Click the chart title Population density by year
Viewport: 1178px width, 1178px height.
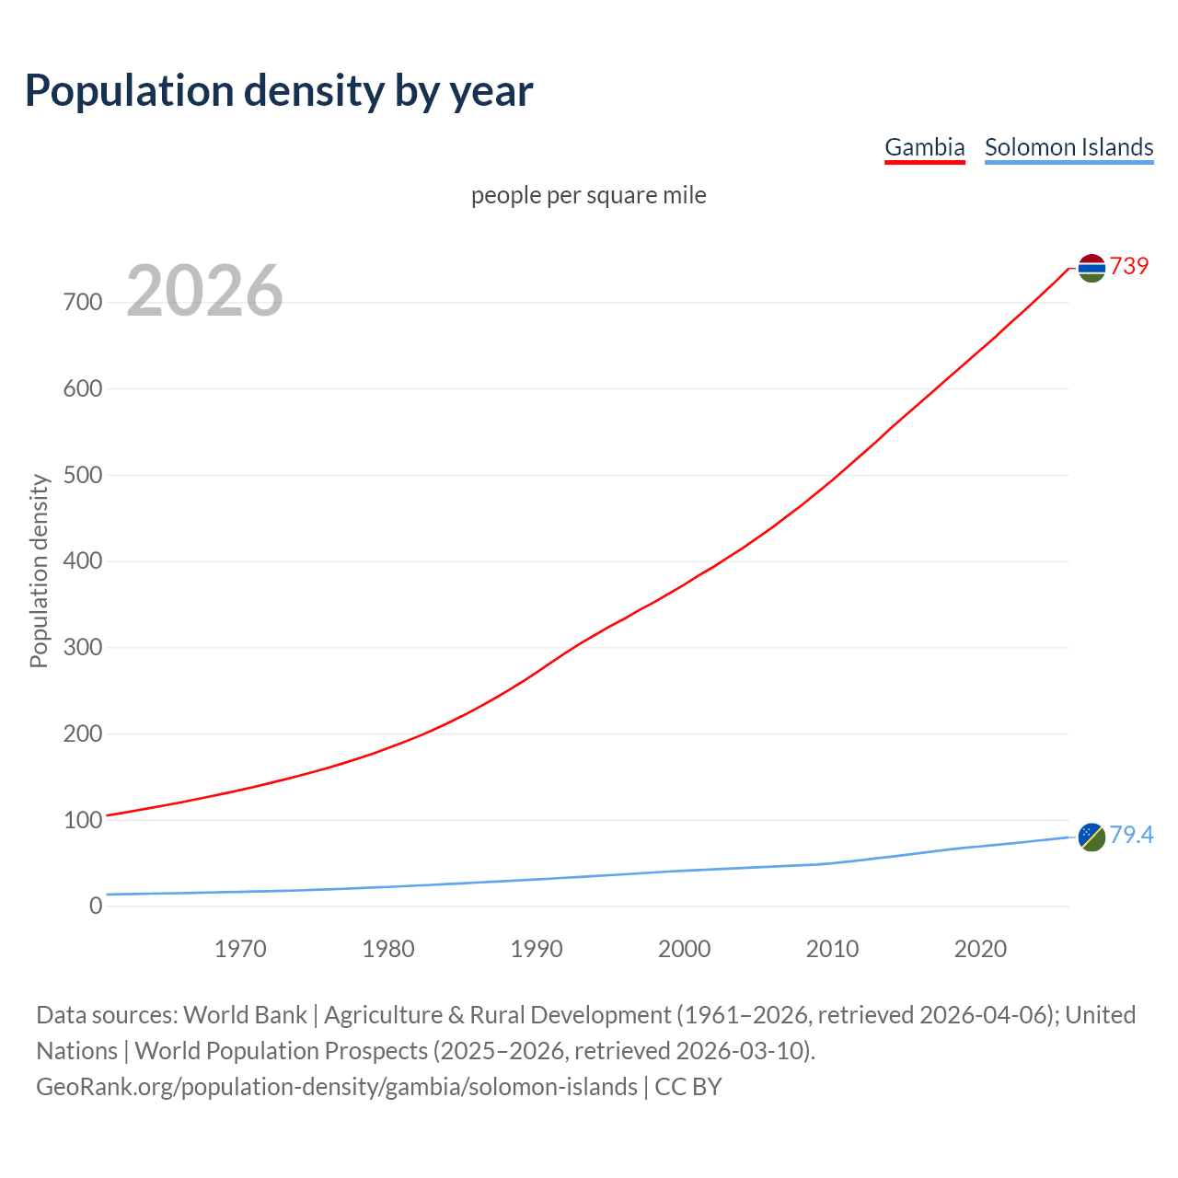coord(279,91)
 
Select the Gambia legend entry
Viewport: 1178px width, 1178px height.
coord(924,147)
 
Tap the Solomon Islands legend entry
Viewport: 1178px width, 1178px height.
coord(1068,147)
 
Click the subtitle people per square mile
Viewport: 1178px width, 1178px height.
coord(589,195)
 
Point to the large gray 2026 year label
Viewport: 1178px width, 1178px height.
coord(204,291)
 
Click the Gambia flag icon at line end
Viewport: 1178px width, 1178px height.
coord(1091,268)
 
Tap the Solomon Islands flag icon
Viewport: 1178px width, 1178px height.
coord(1091,837)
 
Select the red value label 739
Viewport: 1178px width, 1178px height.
coord(1129,266)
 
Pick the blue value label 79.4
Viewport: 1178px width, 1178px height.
coord(1131,835)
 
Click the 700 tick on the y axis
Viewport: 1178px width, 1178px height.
coord(83,302)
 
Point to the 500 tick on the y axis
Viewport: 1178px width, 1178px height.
coord(83,475)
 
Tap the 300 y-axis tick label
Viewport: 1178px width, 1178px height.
coord(83,647)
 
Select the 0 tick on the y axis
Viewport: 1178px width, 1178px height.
coord(96,906)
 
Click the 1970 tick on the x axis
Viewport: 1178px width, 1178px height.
coord(240,949)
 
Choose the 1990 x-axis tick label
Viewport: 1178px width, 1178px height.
coord(537,949)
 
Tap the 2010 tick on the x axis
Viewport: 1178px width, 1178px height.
coord(832,949)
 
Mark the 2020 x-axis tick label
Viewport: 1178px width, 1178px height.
coord(980,949)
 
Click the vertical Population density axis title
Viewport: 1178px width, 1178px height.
coord(39,571)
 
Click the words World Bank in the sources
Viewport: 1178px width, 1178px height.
coord(245,1015)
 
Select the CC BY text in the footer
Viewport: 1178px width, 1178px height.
coord(688,1087)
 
